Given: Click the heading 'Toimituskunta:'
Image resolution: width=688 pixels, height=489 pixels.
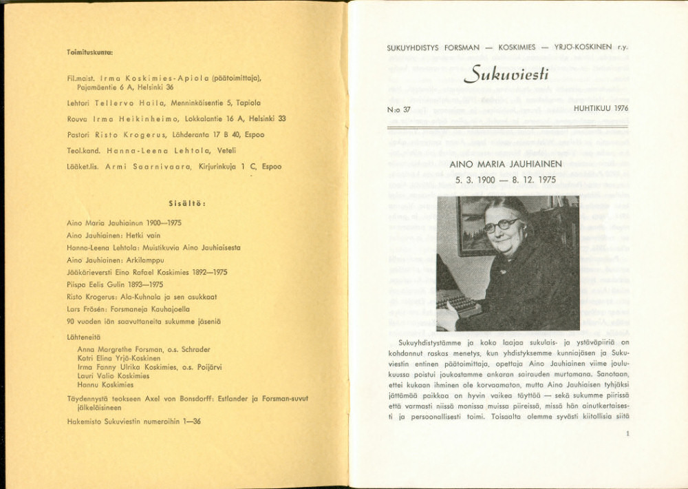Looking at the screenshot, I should [x=90, y=52].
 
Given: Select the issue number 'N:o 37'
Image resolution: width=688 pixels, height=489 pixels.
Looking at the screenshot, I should [x=398, y=109].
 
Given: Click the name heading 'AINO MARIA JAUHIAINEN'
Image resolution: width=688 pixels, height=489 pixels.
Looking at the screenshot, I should [x=506, y=165].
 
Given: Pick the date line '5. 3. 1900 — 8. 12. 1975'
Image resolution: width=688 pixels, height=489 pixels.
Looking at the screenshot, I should [x=506, y=180].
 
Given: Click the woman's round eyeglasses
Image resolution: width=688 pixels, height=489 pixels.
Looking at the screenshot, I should [x=501, y=225].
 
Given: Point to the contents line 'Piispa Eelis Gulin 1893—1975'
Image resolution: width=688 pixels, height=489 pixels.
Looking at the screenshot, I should [x=115, y=284].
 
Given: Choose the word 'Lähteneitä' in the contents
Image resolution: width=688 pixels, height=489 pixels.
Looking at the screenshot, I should [x=83, y=337].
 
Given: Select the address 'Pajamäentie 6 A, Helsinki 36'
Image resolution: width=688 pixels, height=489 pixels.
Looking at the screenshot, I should [x=120, y=87].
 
